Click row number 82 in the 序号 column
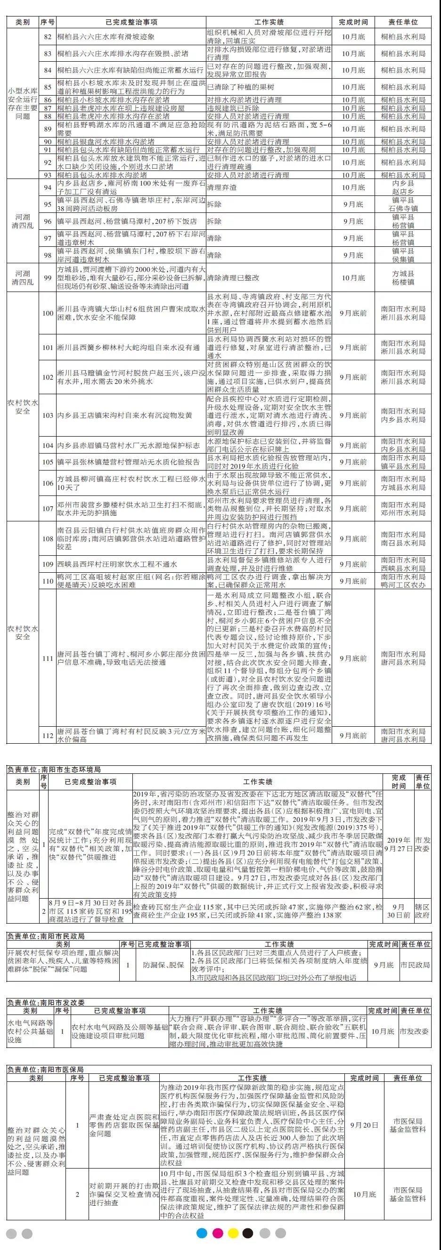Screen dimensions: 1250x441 click(47, 37)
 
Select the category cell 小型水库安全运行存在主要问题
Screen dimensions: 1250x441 click(22, 103)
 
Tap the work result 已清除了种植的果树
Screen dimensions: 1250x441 click(241, 87)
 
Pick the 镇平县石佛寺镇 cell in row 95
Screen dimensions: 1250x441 click(403, 205)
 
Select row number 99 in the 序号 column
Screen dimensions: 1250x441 click(47, 278)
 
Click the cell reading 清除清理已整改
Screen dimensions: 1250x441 click(233, 278)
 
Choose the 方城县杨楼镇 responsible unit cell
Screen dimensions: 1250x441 click(403, 278)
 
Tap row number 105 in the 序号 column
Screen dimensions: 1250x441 click(47, 462)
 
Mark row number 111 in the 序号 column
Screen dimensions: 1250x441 click(47, 658)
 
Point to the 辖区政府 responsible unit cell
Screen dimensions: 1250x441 click(423, 911)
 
